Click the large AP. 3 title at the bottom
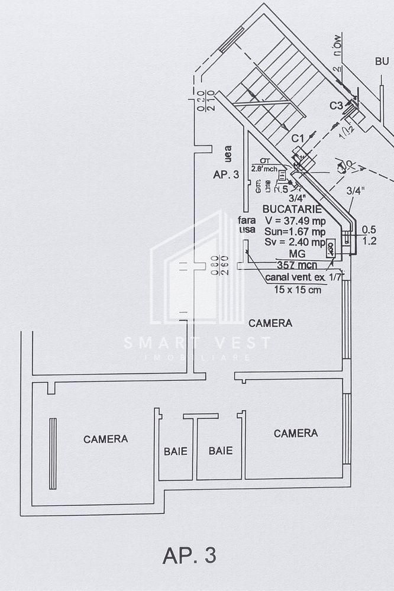pyautogui.click(x=189, y=556)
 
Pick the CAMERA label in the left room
pyautogui.click(x=105, y=439)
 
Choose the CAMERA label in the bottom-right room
pyautogui.click(x=296, y=433)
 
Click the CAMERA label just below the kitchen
pyautogui.click(x=270, y=323)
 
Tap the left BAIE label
pyautogui.click(x=175, y=451)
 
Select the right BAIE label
pyautogui.click(x=220, y=451)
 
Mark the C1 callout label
pyautogui.click(x=298, y=138)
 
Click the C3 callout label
pyautogui.click(x=336, y=106)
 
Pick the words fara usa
pyautogui.click(x=247, y=225)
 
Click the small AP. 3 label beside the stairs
pyautogui.click(x=226, y=175)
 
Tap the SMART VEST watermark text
pyautogui.click(x=197, y=343)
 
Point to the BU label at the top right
pyautogui.click(x=382, y=62)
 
